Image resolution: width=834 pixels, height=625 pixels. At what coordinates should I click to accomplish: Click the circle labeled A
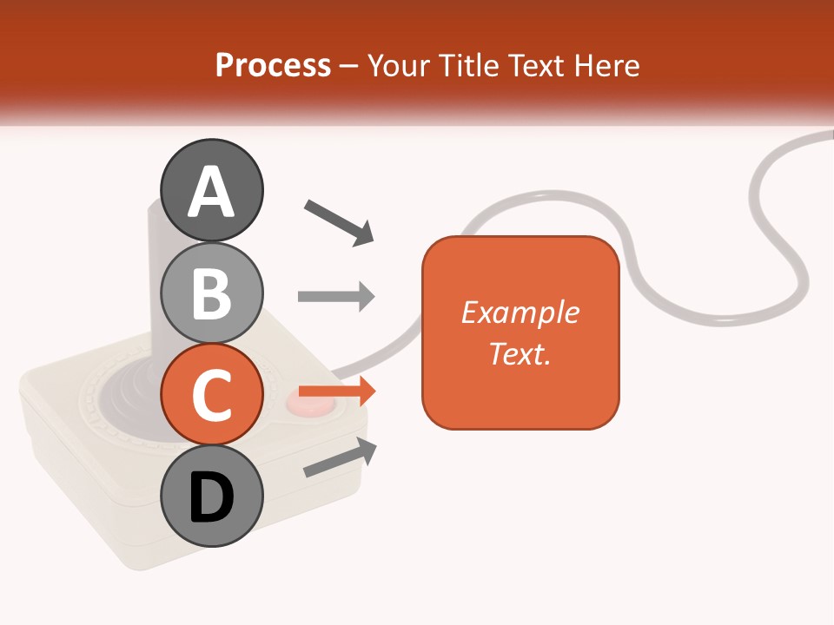(x=212, y=190)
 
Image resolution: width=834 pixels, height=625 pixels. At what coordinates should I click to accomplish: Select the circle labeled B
(x=212, y=293)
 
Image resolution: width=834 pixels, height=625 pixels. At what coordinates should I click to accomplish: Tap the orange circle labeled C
(x=212, y=395)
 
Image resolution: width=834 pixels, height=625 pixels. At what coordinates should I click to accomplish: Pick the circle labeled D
(x=212, y=497)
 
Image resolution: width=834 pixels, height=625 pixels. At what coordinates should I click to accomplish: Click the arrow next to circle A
(x=340, y=221)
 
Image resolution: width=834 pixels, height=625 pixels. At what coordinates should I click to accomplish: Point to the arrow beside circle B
(x=336, y=297)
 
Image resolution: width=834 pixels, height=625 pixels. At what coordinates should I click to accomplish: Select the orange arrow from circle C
(x=337, y=391)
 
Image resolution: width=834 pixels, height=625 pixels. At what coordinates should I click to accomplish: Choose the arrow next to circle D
(x=341, y=457)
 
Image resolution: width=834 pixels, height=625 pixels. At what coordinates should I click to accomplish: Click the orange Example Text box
(x=520, y=333)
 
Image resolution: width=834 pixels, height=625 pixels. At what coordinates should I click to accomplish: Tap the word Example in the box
(x=520, y=312)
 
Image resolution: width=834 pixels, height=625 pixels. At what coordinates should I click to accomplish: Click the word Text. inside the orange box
(x=520, y=354)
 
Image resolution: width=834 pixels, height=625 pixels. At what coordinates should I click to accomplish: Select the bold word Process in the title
(x=273, y=65)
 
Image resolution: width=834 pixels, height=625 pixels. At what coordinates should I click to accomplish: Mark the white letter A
(x=212, y=192)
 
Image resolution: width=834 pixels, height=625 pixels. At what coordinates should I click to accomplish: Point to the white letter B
(x=212, y=293)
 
